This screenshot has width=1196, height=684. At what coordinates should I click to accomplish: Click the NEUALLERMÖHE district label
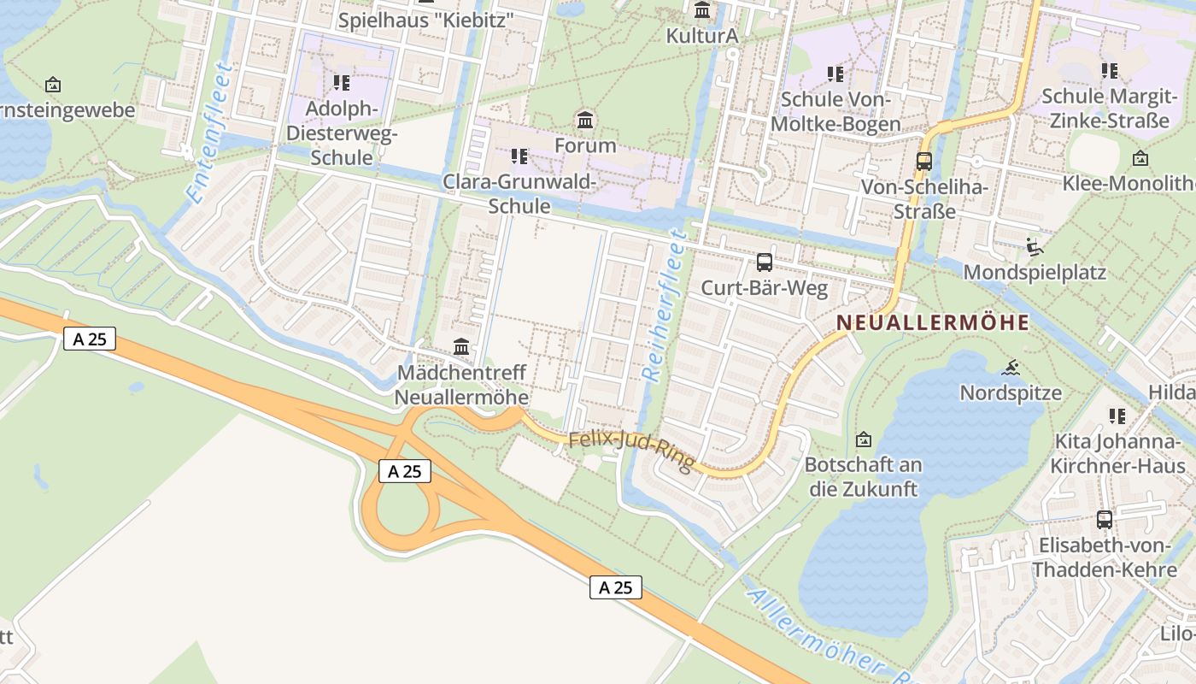[x=933, y=323]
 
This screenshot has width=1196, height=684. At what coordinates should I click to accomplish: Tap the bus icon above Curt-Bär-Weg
[x=765, y=262]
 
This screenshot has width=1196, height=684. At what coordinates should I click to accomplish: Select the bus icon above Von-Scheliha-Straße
[x=923, y=161]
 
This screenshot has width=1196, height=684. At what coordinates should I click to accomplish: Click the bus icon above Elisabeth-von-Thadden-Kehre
[x=1104, y=519]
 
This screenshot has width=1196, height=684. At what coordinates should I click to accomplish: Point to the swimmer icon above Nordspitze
[x=1011, y=369]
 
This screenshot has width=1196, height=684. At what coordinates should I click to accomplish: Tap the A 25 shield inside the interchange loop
[x=405, y=471]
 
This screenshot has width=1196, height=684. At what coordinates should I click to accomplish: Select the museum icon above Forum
[x=585, y=121]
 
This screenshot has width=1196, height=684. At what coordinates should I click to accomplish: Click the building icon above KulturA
[x=702, y=11]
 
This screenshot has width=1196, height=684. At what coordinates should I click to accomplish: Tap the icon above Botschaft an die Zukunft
[x=864, y=440]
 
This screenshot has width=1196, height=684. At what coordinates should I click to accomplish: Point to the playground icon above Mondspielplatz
[x=1035, y=247]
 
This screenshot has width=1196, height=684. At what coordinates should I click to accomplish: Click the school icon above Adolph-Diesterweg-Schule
[x=341, y=83]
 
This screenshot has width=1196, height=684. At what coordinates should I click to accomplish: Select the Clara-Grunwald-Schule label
[x=519, y=194]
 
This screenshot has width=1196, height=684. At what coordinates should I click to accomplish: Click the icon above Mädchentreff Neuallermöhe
[x=461, y=346]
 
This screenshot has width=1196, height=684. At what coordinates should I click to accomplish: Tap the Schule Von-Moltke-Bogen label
[x=835, y=112]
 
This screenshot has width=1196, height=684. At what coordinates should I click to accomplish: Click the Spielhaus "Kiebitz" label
[x=425, y=21]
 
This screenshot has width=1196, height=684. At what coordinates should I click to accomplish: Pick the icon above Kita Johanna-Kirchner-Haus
[x=1117, y=416]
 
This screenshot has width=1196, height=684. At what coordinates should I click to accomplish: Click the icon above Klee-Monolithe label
[x=1140, y=158]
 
